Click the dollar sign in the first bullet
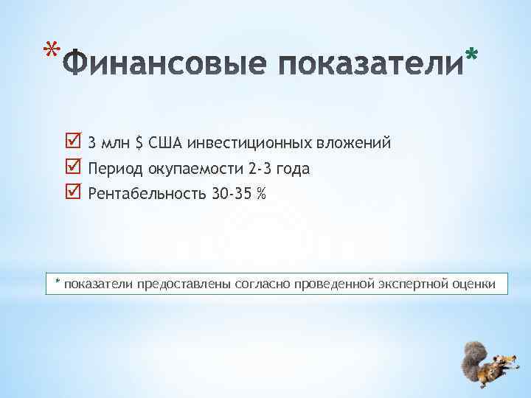coord(139,142)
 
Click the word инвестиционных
coord(248,142)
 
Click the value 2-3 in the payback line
coord(263,169)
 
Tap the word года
coord(295,169)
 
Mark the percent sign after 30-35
coord(262,195)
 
